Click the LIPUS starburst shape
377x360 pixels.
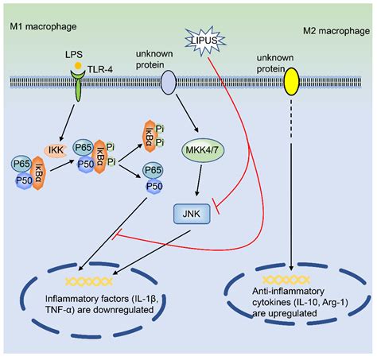(205, 41)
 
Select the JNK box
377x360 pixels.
(192, 214)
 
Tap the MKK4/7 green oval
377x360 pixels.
(203, 150)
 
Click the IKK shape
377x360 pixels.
(56, 150)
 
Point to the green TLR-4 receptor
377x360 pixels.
(78, 85)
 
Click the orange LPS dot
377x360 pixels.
(78, 65)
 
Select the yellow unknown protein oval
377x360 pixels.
(292, 81)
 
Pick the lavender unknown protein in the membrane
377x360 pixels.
(169, 82)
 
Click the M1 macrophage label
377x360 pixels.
(43, 26)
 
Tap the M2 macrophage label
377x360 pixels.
(336, 31)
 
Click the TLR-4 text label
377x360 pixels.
(100, 69)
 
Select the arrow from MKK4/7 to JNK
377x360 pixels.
(199, 180)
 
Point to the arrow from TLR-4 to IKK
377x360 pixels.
(68, 122)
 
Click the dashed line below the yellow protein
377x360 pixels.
(291, 118)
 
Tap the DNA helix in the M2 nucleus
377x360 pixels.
(286, 280)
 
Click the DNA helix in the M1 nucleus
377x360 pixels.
(89, 281)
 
